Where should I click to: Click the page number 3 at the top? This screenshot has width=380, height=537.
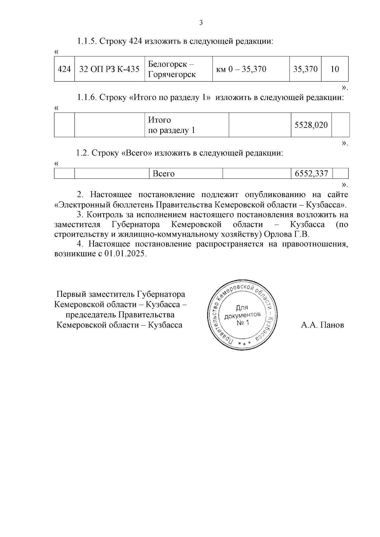pos(200,23)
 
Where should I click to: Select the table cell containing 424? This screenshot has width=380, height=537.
pos(64,69)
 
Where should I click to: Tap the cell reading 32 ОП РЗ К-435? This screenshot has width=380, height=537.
pos(109,69)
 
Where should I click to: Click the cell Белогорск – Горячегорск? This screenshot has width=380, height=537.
pos(178,69)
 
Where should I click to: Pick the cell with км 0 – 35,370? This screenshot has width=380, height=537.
pos(241,69)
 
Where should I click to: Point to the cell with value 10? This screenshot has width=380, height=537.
pos(334,69)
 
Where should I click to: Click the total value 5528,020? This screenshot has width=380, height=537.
pos(311,125)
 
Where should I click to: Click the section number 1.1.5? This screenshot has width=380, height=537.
pos(87,41)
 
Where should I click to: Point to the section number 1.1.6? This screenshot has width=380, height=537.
pos(87,97)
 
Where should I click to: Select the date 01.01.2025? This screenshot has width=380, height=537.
pos(125,254)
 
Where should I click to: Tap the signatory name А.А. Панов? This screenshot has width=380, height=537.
pos(322,325)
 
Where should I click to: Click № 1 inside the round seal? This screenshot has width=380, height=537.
pos(243,322)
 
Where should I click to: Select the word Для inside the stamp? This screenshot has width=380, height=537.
pos(242,307)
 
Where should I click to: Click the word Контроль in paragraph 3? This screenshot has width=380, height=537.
pos(104,215)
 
